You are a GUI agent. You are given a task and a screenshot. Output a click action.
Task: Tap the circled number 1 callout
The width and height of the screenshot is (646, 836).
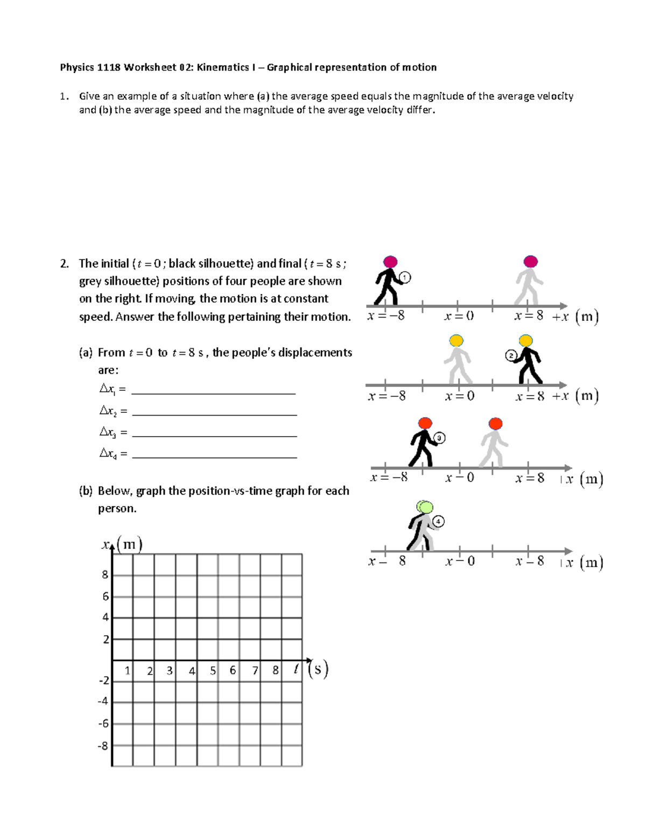[405, 278]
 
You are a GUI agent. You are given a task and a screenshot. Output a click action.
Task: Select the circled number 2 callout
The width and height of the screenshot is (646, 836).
[511, 355]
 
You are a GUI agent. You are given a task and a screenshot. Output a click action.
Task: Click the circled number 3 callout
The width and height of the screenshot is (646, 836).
[439, 438]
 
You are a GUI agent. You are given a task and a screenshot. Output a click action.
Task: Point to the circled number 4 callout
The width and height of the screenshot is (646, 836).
[439, 521]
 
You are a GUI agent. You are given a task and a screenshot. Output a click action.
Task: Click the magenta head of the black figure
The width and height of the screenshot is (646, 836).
[390, 262]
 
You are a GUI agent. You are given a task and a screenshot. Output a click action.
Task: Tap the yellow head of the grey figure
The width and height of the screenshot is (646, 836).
[456, 340]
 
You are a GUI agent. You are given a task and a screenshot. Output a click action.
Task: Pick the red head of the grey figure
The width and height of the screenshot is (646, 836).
[495, 423]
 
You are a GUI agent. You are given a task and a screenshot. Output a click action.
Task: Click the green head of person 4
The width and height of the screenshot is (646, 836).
[425, 507]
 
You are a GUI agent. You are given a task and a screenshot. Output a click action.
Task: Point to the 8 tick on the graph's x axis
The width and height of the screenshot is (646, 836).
[276, 671]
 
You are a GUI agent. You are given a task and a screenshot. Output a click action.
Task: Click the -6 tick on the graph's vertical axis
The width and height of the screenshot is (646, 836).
[103, 723]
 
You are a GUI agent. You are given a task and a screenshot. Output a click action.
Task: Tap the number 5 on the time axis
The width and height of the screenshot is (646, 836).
[213, 671]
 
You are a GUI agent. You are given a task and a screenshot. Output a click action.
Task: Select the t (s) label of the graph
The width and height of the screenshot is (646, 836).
[311, 670]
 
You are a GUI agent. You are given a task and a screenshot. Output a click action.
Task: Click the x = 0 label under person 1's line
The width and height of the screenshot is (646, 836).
[459, 317]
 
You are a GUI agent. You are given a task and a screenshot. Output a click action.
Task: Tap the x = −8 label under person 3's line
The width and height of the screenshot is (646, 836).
[389, 477]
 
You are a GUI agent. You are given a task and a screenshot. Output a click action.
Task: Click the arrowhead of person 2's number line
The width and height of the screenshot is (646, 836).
[563, 385]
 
